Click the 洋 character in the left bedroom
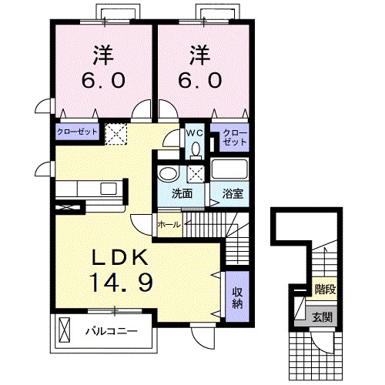click(105, 55)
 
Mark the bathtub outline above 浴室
click(230, 171)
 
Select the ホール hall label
click(168, 224)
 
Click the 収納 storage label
click(238, 296)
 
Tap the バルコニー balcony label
click(110, 333)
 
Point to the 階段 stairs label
click(324, 290)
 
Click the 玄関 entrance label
click(323, 315)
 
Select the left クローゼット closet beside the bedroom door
click(76, 132)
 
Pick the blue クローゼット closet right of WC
click(234, 138)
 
